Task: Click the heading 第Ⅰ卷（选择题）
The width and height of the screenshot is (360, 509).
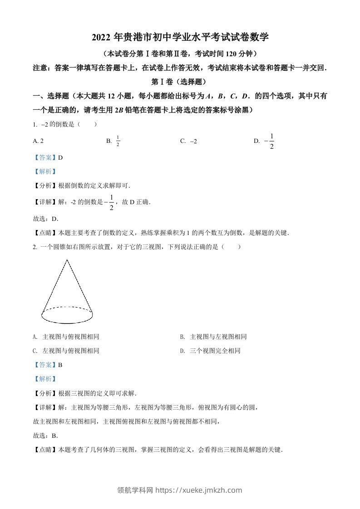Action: click(180, 82)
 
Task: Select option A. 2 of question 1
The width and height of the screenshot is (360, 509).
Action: click(39, 141)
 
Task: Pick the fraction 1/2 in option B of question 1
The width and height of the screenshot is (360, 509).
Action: click(118, 141)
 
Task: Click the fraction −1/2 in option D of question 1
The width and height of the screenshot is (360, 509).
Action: click(270, 141)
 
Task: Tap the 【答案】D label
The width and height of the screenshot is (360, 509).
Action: click(48, 157)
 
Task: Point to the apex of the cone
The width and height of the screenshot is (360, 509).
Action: click(67, 260)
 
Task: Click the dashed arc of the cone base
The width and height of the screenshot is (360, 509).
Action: click(67, 307)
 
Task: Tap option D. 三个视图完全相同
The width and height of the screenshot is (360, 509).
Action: click(210, 351)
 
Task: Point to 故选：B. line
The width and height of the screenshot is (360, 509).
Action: click(46, 436)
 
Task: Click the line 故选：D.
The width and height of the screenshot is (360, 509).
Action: click(46, 219)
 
